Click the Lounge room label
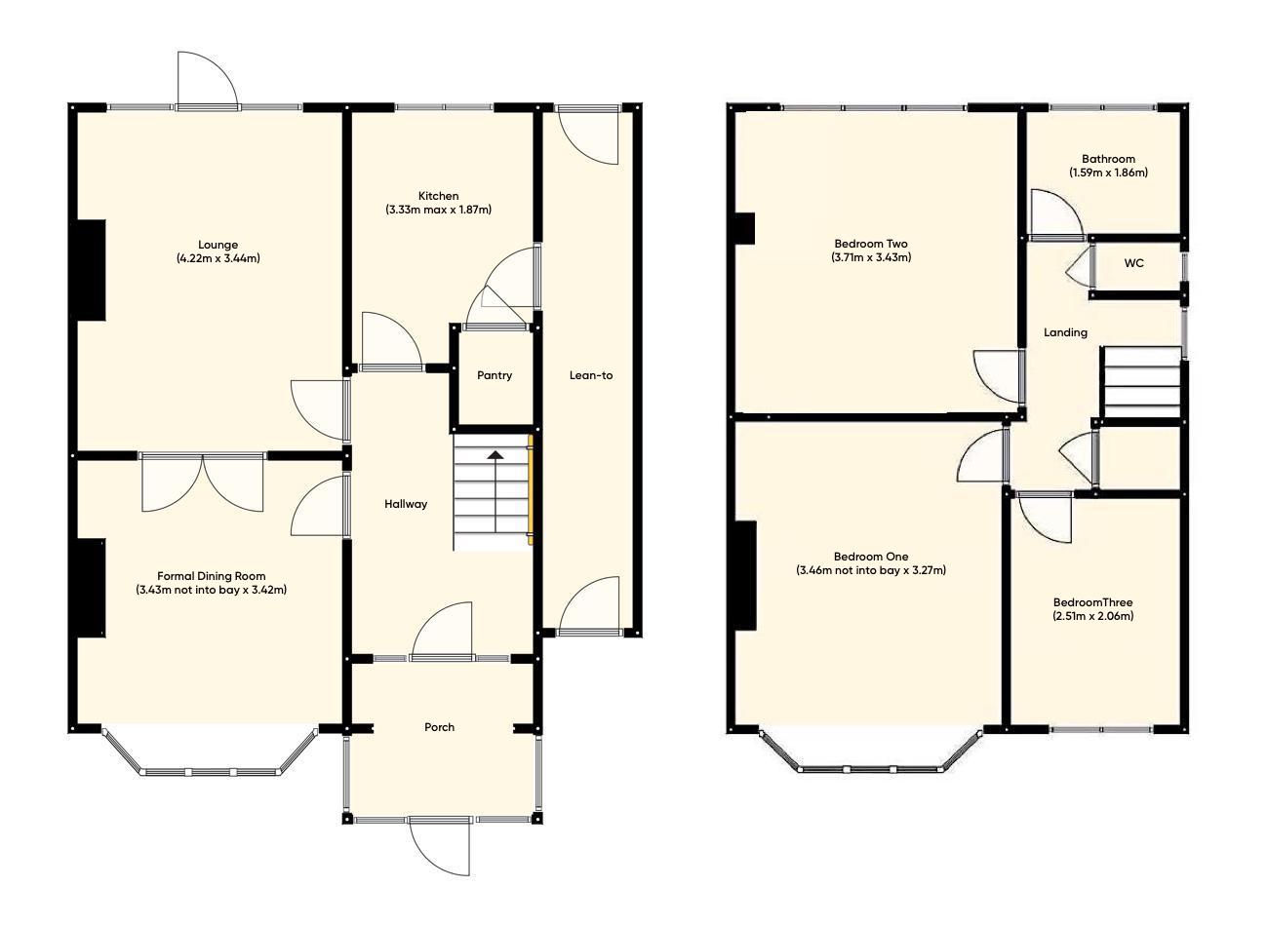(218, 245)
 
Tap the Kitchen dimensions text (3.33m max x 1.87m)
(438, 210)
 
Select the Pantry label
(494, 375)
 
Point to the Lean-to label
(591, 375)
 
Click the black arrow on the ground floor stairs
(495, 454)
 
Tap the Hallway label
(405, 504)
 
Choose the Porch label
(439, 727)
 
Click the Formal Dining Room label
(211, 576)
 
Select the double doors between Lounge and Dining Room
(203, 481)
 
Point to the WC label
(1133, 263)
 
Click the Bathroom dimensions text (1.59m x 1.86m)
(1108, 173)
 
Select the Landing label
(1065, 332)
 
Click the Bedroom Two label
(871, 244)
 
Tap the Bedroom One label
(871, 557)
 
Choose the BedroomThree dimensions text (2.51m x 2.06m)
(1092, 616)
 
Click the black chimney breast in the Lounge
(91, 269)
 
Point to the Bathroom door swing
(1053, 214)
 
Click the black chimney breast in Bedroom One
(746, 576)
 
